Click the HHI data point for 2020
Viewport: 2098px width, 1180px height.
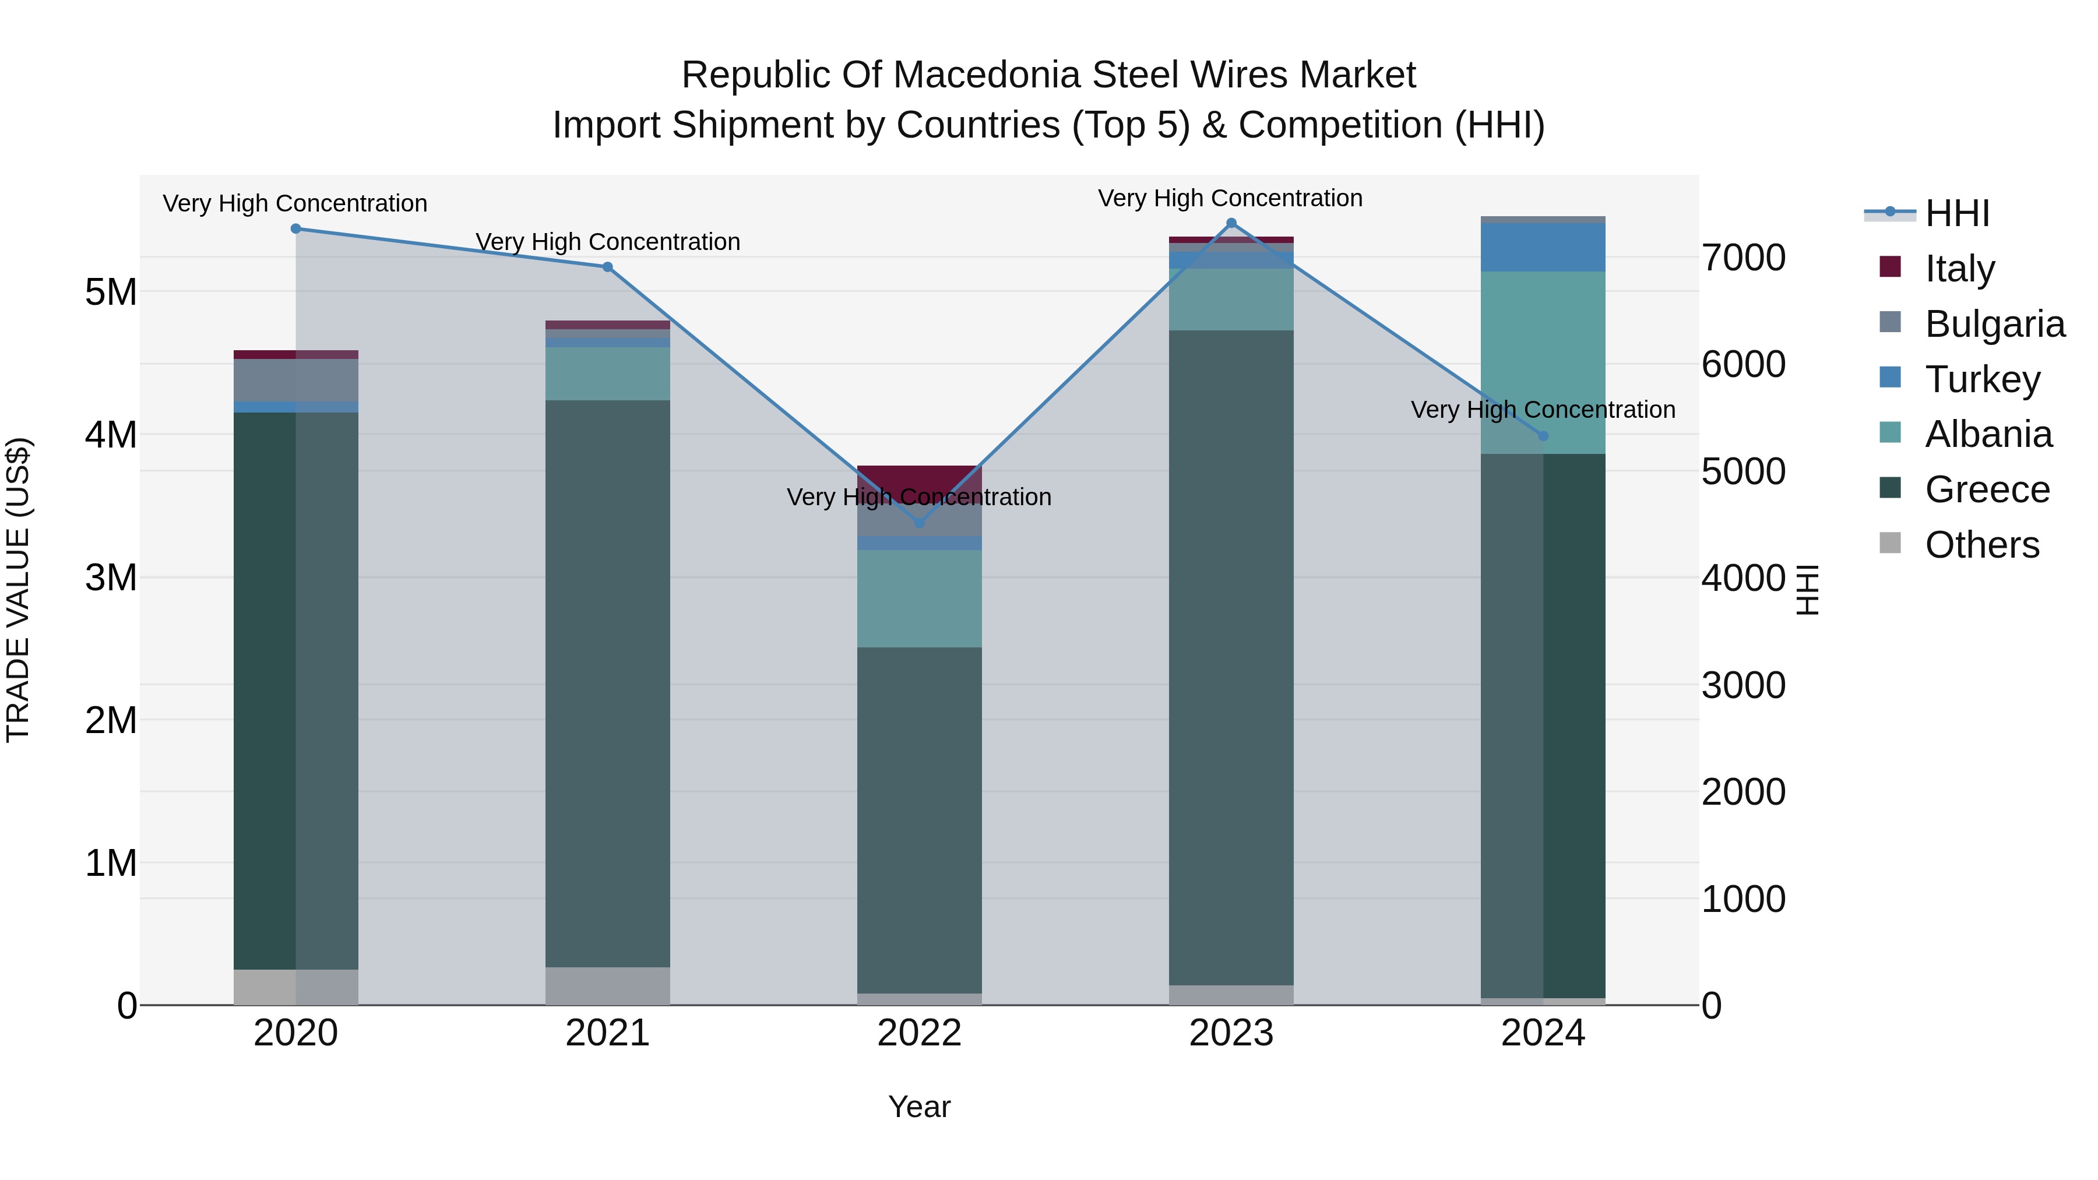295,229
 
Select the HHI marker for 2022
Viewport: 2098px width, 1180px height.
920,523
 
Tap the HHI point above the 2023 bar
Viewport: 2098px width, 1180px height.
1231,223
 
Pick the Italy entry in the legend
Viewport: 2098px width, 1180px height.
1959,268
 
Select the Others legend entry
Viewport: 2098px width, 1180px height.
1981,544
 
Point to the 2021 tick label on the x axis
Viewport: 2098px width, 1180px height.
608,1033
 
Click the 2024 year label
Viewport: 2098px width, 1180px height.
1543,1033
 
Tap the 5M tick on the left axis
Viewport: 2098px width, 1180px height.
111,291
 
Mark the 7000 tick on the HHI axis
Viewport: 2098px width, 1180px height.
1743,258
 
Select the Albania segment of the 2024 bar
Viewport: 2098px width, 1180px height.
1543,362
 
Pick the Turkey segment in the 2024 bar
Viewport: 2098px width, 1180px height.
1543,248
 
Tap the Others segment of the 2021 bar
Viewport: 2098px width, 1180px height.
608,985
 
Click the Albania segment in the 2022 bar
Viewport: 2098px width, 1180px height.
920,598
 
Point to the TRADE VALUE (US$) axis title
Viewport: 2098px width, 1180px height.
18,590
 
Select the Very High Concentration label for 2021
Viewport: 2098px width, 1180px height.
608,242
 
